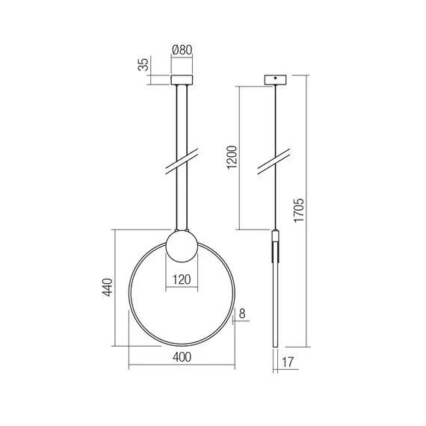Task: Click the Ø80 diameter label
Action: (x=182, y=50)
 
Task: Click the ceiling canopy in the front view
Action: (x=182, y=78)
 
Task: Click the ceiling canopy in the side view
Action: (x=276, y=79)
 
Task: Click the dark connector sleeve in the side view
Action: (x=276, y=247)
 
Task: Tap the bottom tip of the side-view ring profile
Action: (x=276, y=345)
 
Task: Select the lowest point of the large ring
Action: (x=182, y=345)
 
